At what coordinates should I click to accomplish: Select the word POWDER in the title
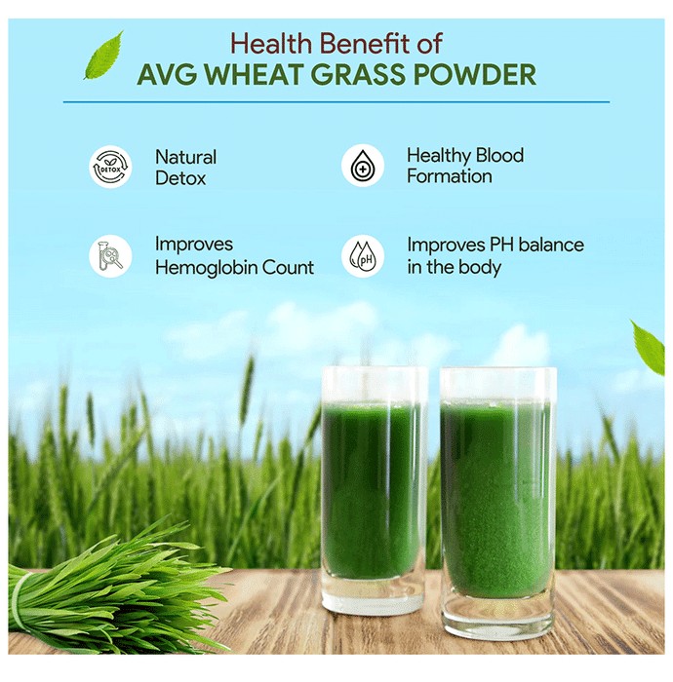point(483,75)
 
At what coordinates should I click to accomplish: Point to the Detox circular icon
point(110,167)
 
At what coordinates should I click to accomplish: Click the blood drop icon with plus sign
point(363,166)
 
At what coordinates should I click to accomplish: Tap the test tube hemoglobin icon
point(110,256)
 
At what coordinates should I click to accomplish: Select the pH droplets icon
point(363,256)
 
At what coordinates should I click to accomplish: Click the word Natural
point(186,157)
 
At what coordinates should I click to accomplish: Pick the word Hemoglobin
point(206,267)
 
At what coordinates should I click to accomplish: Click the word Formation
point(450,176)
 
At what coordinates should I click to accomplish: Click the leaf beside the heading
point(103,56)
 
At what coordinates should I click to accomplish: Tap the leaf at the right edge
point(648,348)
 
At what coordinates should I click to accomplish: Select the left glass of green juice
point(373,489)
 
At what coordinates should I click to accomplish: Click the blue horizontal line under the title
point(336,102)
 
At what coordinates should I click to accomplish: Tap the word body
point(480,267)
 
